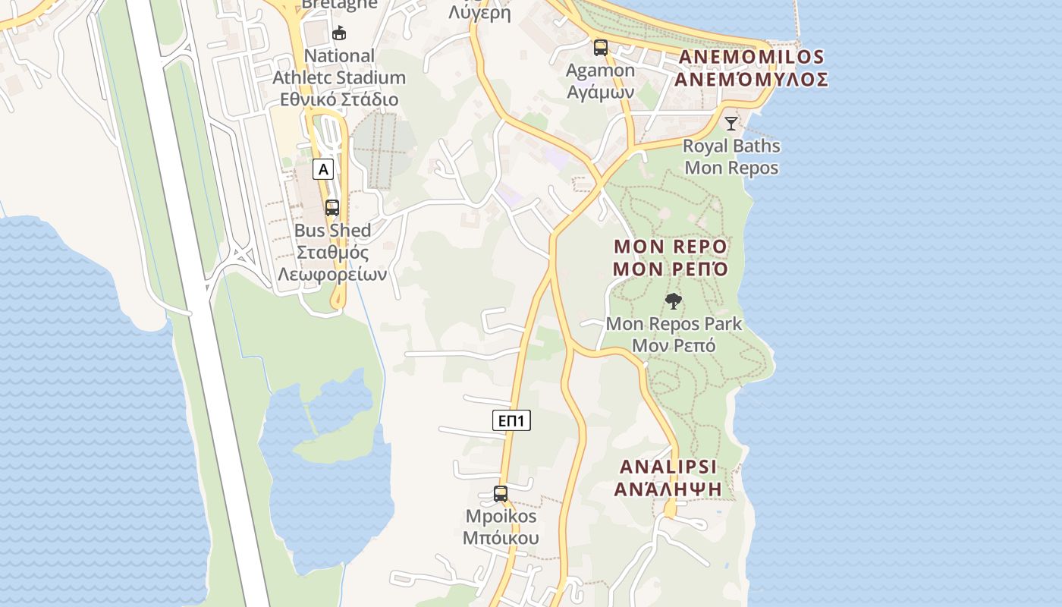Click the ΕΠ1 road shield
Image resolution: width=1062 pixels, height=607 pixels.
pos(511,420)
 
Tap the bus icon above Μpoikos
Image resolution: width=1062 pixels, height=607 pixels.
pos(501,494)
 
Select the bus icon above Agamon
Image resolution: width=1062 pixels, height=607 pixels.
pos(601,48)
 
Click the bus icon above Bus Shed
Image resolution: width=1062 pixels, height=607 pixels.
pos(332,207)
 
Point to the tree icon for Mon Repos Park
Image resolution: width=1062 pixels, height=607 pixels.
pos(673,301)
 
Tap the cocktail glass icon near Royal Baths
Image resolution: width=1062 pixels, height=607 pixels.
pos(731,123)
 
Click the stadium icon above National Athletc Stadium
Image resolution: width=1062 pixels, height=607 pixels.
pos(339,33)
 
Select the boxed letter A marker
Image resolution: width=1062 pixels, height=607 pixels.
pos(323,169)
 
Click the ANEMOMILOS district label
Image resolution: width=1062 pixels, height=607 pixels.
pos(751,57)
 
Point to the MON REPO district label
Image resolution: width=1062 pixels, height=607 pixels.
pos(671,247)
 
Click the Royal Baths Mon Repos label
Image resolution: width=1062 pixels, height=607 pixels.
pos(731,156)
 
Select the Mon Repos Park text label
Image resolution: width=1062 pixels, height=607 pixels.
pos(674,324)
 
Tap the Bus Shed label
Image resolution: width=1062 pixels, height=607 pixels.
pos(332,231)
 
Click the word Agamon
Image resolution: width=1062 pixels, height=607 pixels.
pos(601,71)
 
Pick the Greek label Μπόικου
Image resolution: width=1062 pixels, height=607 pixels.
pos(501,538)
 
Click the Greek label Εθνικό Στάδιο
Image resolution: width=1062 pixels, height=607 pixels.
pos(339,99)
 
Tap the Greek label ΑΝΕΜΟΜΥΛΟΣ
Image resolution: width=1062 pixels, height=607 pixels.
pos(751,79)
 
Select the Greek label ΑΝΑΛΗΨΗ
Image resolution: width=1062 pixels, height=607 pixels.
pos(668,489)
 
